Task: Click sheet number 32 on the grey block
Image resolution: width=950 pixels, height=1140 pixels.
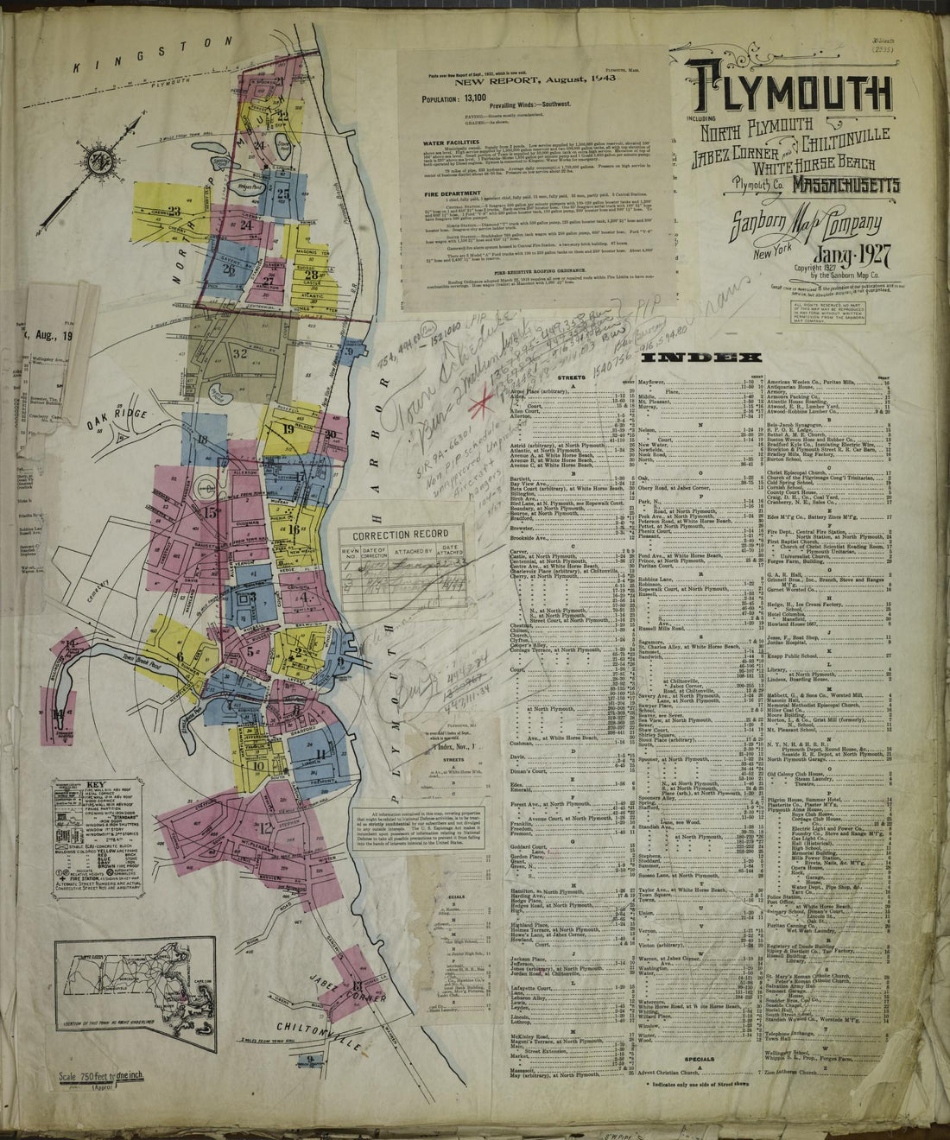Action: pos(240,353)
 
